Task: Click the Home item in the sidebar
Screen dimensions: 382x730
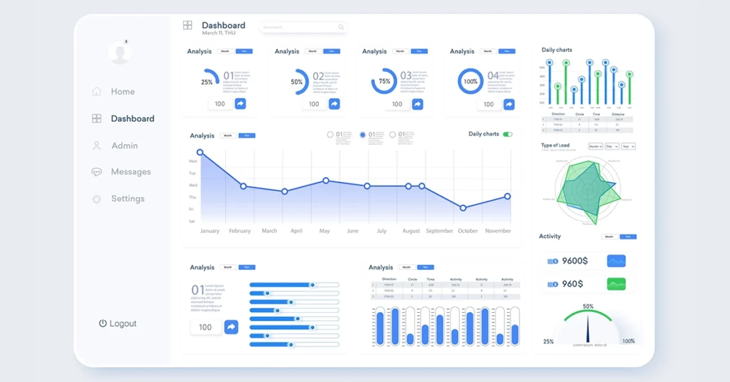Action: [122, 92]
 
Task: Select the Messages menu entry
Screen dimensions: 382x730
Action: [130, 172]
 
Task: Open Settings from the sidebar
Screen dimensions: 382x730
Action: [127, 199]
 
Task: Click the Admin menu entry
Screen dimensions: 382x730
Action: [124, 146]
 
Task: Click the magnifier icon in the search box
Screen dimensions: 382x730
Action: [341, 28]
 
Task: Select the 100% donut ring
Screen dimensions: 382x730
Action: [471, 81]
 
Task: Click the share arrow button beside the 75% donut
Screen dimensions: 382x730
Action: [417, 104]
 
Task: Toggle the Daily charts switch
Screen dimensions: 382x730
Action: [508, 134]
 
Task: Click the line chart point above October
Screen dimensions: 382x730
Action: [463, 208]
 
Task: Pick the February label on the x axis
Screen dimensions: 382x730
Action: [240, 231]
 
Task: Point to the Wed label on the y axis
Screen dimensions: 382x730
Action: [192, 185]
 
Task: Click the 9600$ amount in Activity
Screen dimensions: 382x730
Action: [575, 261]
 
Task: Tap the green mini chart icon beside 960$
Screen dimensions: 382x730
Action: [616, 284]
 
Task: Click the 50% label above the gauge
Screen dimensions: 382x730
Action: [588, 306]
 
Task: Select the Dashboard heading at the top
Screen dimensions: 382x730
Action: [223, 26]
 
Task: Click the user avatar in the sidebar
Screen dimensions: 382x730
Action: [119, 52]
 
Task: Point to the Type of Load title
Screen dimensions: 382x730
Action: [555, 146]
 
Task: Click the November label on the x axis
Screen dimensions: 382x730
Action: [498, 231]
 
